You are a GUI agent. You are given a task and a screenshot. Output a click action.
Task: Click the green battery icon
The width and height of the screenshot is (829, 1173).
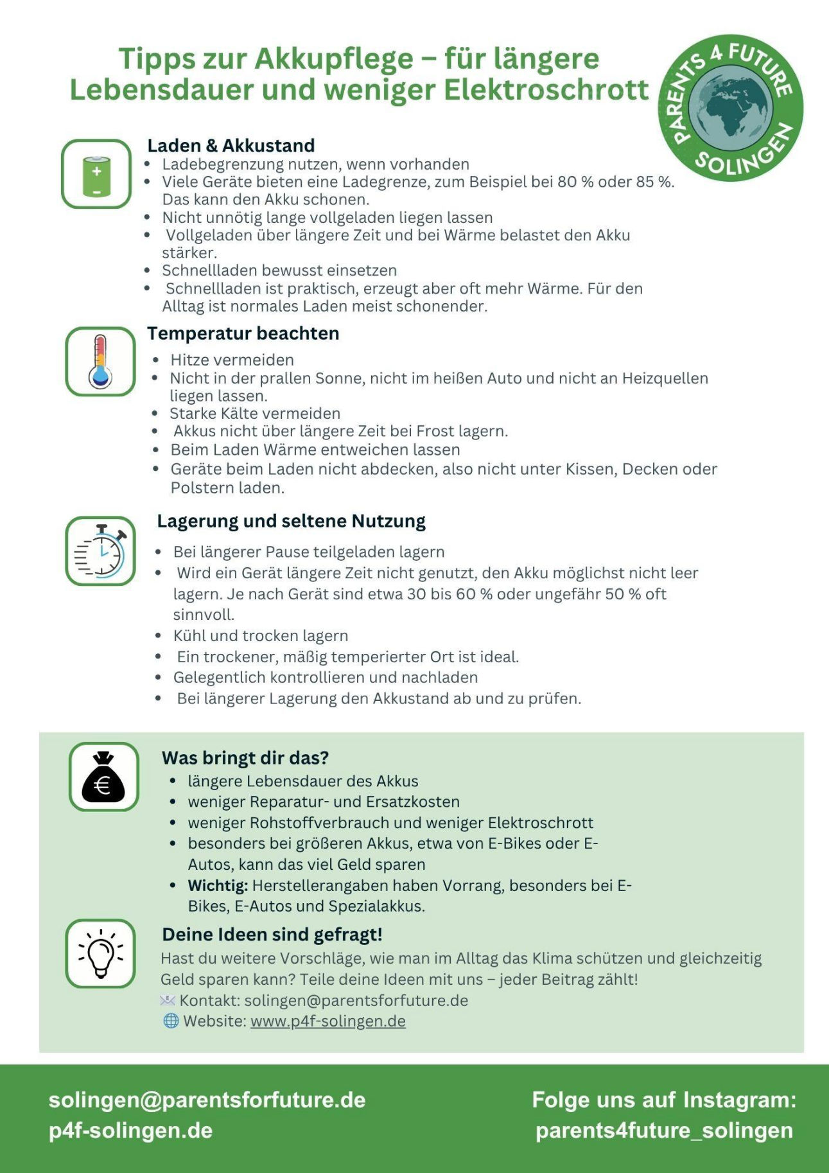click(96, 175)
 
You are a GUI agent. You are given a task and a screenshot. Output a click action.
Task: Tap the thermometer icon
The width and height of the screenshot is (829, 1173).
click(100, 362)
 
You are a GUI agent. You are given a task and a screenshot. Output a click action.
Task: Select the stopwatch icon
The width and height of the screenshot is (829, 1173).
click(100, 551)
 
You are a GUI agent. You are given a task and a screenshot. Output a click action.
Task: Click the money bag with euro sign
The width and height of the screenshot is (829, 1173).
click(103, 777)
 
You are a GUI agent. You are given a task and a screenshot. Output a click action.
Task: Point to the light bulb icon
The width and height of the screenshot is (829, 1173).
click(100, 953)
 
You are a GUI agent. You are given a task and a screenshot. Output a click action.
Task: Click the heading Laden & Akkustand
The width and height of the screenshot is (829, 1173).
click(231, 146)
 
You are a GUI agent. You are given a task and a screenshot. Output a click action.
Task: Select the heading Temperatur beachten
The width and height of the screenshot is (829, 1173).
click(243, 333)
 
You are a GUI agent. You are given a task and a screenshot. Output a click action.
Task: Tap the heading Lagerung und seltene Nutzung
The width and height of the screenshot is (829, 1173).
click(291, 521)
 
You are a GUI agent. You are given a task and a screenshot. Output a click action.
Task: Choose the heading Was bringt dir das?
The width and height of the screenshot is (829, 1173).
click(245, 758)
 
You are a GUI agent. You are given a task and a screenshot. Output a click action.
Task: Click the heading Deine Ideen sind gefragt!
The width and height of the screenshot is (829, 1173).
click(272, 934)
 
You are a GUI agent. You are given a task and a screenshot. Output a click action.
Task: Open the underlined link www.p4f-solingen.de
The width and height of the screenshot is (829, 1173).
click(327, 1021)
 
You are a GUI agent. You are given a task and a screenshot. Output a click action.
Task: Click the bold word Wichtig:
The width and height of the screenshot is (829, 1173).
click(218, 885)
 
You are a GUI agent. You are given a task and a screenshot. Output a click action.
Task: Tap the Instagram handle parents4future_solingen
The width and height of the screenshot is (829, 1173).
click(664, 1130)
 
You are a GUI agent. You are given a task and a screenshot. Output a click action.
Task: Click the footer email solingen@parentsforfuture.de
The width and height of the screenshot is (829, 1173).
click(207, 1099)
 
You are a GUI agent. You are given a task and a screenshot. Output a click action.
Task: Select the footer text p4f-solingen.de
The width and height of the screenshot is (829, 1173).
click(130, 1130)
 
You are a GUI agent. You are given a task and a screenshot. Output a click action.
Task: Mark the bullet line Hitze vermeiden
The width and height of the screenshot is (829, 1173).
click(232, 360)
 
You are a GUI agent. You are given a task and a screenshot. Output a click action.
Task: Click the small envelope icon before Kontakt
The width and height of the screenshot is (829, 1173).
click(167, 1000)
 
